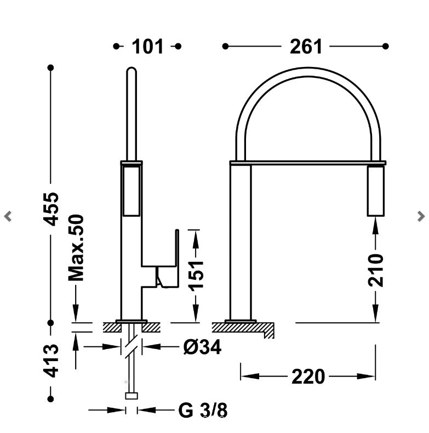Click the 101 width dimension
(147, 47)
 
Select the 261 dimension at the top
(306, 47)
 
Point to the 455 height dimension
(51, 208)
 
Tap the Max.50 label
(76, 247)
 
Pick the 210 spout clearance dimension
(376, 269)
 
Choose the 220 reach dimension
(308, 376)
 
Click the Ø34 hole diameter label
(202, 347)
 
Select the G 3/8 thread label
(202, 410)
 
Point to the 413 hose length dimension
(51, 360)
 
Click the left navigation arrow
(8, 216)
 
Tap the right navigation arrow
(420, 216)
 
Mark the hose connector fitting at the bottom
(131, 396)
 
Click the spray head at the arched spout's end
(376, 190)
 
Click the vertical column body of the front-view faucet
(241, 241)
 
